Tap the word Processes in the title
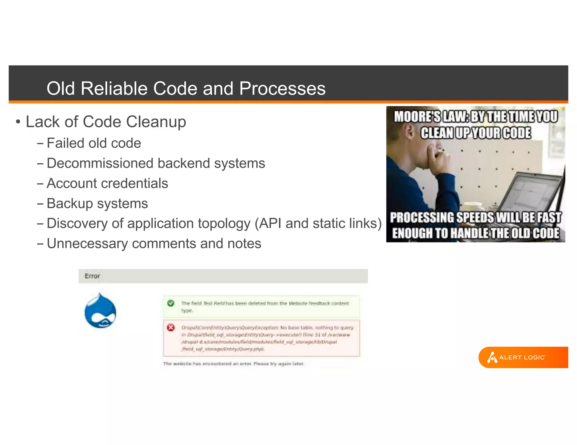click(x=282, y=89)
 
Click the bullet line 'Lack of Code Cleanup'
click(x=106, y=122)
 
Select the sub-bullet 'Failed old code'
click(x=94, y=143)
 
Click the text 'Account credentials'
click(x=107, y=183)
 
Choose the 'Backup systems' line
click(x=97, y=203)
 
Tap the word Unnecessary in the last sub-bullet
click(x=87, y=244)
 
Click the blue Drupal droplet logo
click(x=100, y=311)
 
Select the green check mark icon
click(x=171, y=303)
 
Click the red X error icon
click(x=171, y=327)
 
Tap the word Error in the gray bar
click(x=92, y=276)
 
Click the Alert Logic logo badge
click(x=523, y=358)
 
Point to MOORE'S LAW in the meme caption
click(x=431, y=117)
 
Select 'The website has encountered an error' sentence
click(x=234, y=364)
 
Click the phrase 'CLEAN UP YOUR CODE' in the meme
click(x=476, y=133)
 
